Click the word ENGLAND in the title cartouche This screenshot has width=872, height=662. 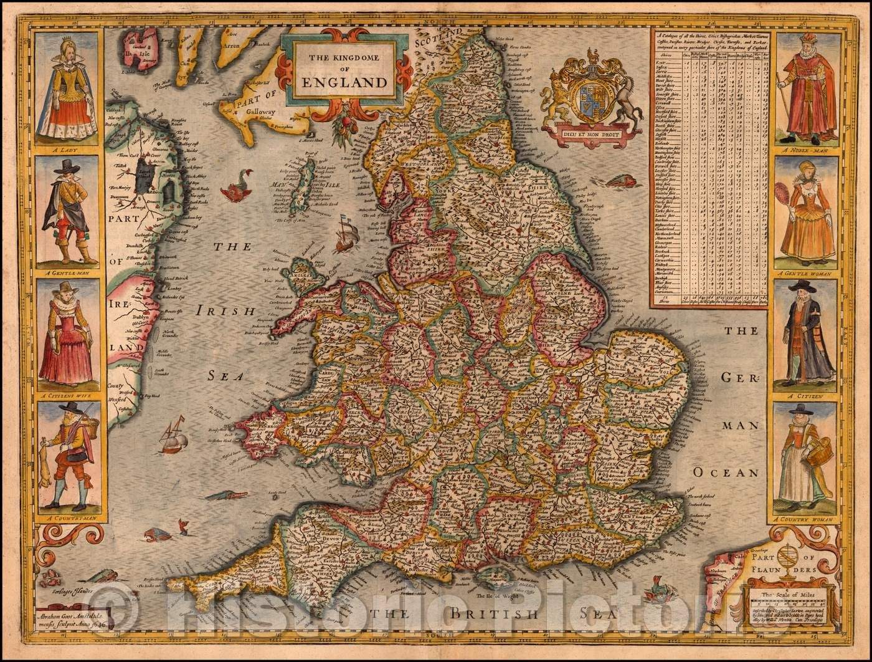coord(344,82)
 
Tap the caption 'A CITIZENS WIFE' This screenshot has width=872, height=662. coord(68,395)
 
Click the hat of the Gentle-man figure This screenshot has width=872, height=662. coord(64,166)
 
